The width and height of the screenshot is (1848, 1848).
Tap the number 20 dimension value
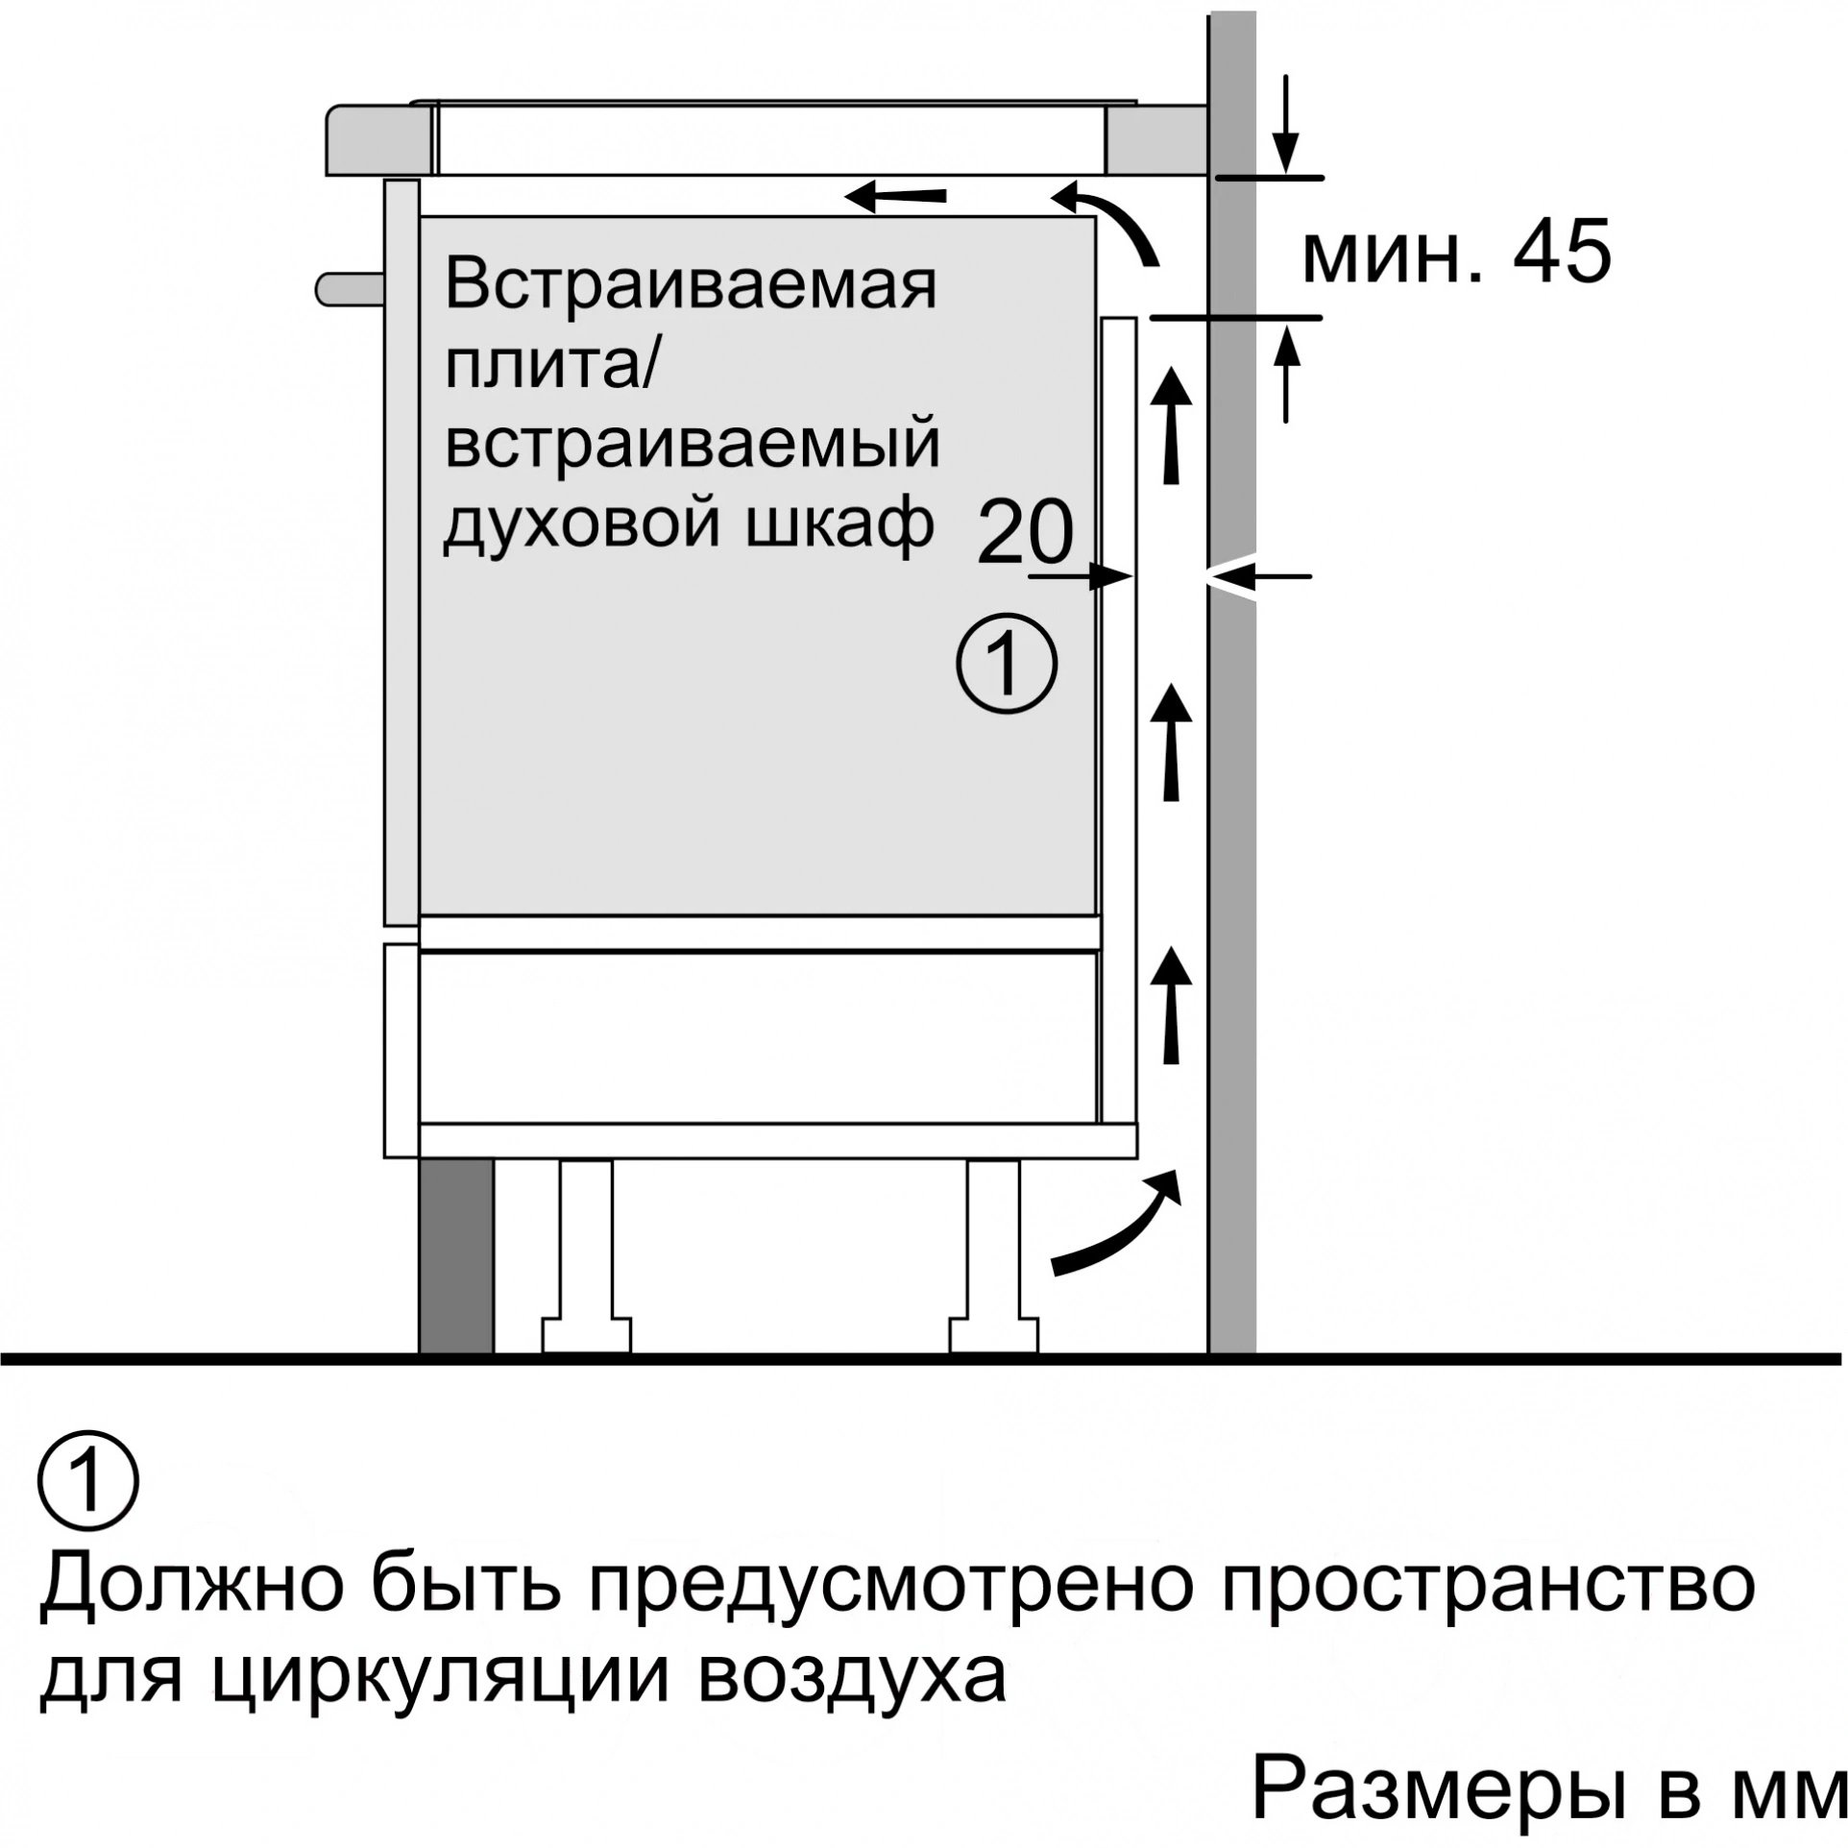1024,534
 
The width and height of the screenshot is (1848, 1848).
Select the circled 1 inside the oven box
1006,662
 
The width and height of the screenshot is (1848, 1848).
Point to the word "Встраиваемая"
691,285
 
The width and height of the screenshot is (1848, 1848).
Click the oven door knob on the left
352,287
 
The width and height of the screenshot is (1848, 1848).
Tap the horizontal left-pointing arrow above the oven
895,197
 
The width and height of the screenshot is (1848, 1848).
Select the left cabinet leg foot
586,1334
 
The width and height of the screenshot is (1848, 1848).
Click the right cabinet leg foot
994,1334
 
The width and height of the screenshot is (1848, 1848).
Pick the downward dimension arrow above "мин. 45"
1285,124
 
